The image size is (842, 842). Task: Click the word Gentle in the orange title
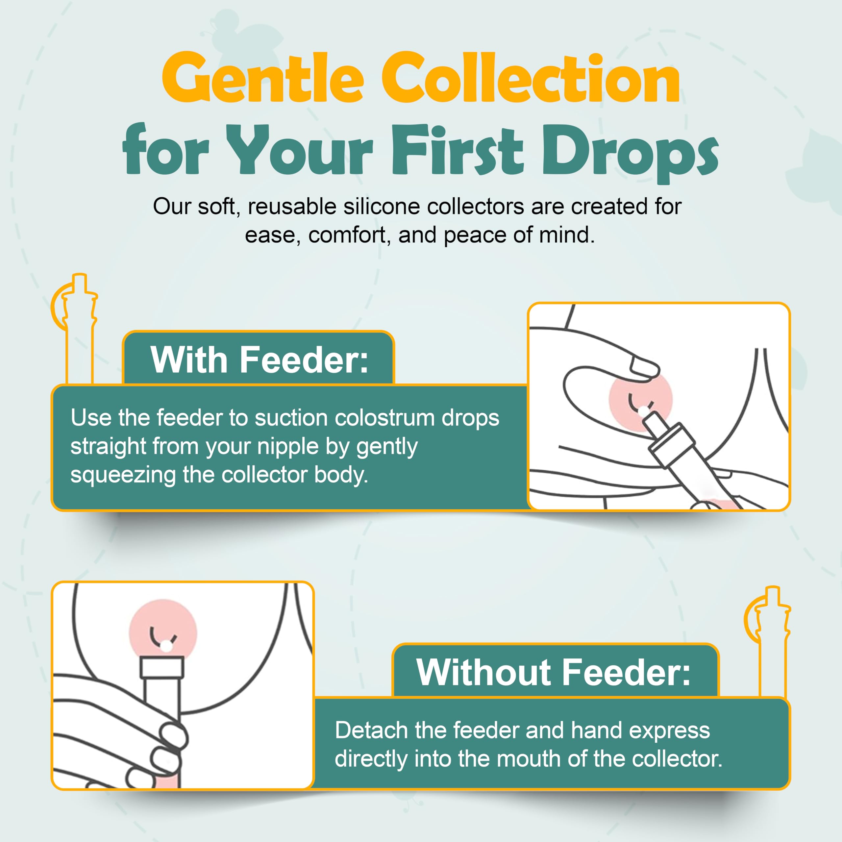coord(262,79)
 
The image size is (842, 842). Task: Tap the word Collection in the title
coord(531,79)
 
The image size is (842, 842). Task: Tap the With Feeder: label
coord(259,359)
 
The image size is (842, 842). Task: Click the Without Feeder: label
coord(554,672)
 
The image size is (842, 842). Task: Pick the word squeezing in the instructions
coord(123,475)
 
